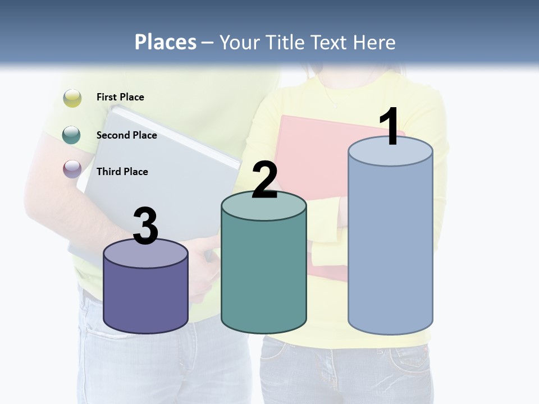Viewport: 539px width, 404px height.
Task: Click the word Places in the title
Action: click(x=166, y=42)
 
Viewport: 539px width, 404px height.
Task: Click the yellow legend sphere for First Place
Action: click(x=72, y=98)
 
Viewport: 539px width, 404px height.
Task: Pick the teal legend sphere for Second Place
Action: click(x=72, y=135)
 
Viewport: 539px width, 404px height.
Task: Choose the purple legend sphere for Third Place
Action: click(x=72, y=168)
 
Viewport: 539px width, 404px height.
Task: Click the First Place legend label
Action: click(x=120, y=97)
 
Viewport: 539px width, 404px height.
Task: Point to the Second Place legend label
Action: click(x=126, y=135)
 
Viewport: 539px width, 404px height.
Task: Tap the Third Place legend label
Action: click(x=122, y=172)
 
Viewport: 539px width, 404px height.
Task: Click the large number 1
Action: click(x=390, y=127)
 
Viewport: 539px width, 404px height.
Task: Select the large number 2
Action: click(x=264, y=180)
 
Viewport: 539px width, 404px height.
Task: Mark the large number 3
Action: click(x=145, y=226)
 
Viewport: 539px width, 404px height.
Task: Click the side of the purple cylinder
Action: click(x=145, y=297)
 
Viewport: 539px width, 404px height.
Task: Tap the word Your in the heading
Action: click(x=238, y=42)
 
